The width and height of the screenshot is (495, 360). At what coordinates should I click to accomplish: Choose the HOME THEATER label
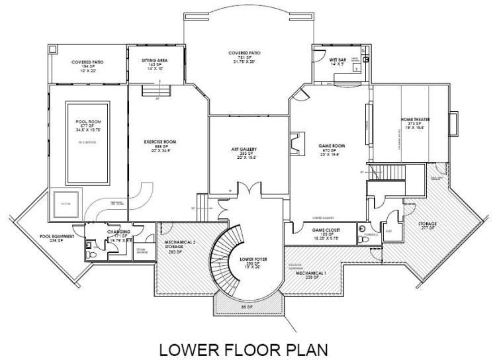(416, 120)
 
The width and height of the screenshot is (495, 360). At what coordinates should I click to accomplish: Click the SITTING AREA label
(154, 60)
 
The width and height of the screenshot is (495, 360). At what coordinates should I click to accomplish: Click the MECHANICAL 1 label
(313, 273)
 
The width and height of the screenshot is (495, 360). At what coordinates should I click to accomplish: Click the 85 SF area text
(249, 306)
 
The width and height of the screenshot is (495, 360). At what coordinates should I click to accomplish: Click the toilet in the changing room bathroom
(89, 244)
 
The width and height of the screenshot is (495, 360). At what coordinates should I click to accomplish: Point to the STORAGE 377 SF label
(427, 226)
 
